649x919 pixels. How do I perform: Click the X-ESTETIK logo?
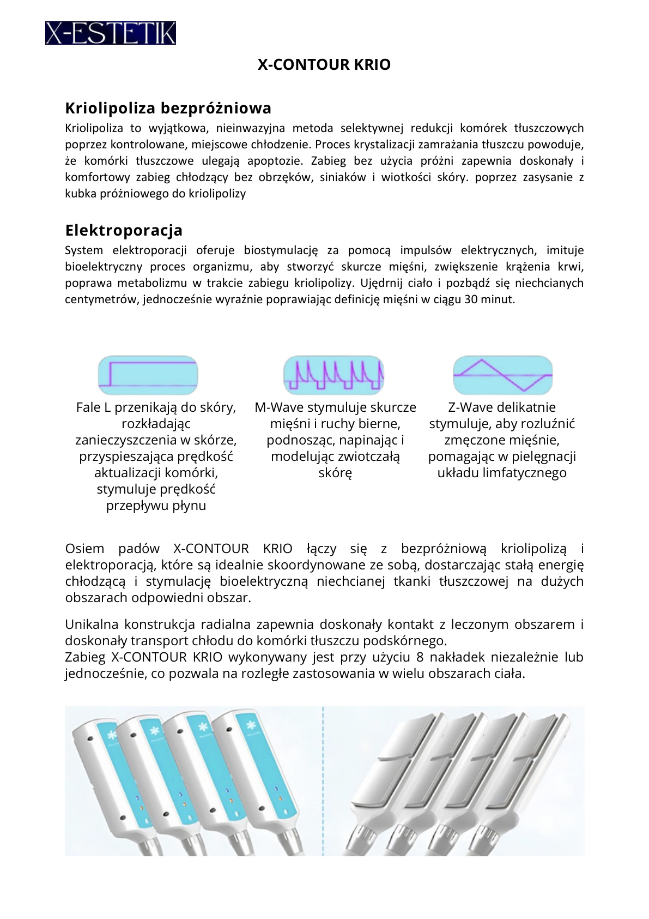click(x=110, y=33)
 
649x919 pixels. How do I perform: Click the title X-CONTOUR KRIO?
click(x=324, y=65)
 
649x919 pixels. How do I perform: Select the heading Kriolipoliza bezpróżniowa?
click(x=168, y=108)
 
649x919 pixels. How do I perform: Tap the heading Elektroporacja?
click(x=124, y=230)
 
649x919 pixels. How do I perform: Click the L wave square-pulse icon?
click(x=148, y=375)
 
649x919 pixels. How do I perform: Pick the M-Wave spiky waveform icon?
click(x=333, y=375)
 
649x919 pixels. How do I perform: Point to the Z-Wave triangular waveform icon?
click(x=502, y=375)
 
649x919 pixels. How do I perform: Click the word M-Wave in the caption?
click(x=279, y=407)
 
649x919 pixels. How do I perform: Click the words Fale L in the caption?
click(x=94, y=407)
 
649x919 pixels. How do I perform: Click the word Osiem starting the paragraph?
click(x=84, y=549)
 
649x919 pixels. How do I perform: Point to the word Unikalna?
click(x=92, y=624)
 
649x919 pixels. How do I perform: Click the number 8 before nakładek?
click(x=420, y=657)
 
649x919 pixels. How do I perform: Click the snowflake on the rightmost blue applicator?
click(x=251, y=725)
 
